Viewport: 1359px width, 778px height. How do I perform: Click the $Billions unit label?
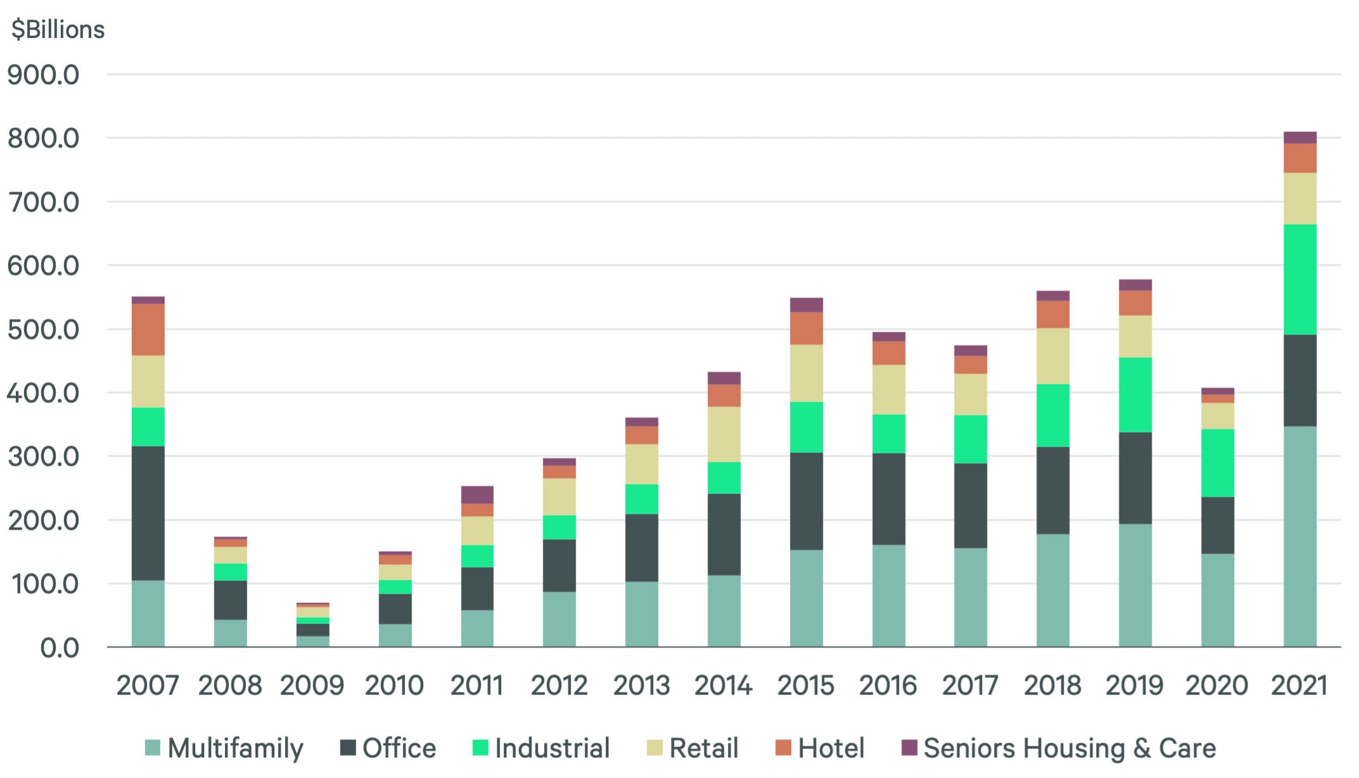(58, 30)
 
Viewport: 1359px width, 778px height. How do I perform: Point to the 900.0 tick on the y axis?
(43, 75)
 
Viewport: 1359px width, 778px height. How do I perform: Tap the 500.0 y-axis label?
(43, 330)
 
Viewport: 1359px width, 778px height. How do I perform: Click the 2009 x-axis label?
(312, 686)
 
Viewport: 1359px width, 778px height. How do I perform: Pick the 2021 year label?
(1299, 686)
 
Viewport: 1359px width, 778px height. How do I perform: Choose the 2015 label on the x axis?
(805, 686)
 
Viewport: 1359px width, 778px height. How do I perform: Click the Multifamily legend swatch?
(153, 748)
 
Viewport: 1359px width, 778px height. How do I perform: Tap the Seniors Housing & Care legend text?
(1069, 748)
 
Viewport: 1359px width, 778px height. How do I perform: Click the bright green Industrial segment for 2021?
(1299, 279)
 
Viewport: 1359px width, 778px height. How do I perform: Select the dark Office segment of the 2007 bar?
(148, 513)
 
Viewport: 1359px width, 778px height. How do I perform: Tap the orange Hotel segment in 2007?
(148, 329)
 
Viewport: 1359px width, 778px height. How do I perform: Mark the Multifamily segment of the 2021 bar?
(1299, 536)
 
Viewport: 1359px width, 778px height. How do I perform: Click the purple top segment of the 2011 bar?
(477, 495)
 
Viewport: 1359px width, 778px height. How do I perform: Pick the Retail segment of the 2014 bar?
(724, 434)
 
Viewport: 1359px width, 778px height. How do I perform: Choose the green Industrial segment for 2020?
(1217, 463)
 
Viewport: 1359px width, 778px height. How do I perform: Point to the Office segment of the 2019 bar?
(1135, 478)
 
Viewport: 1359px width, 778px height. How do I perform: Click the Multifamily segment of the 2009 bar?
(312, 641)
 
